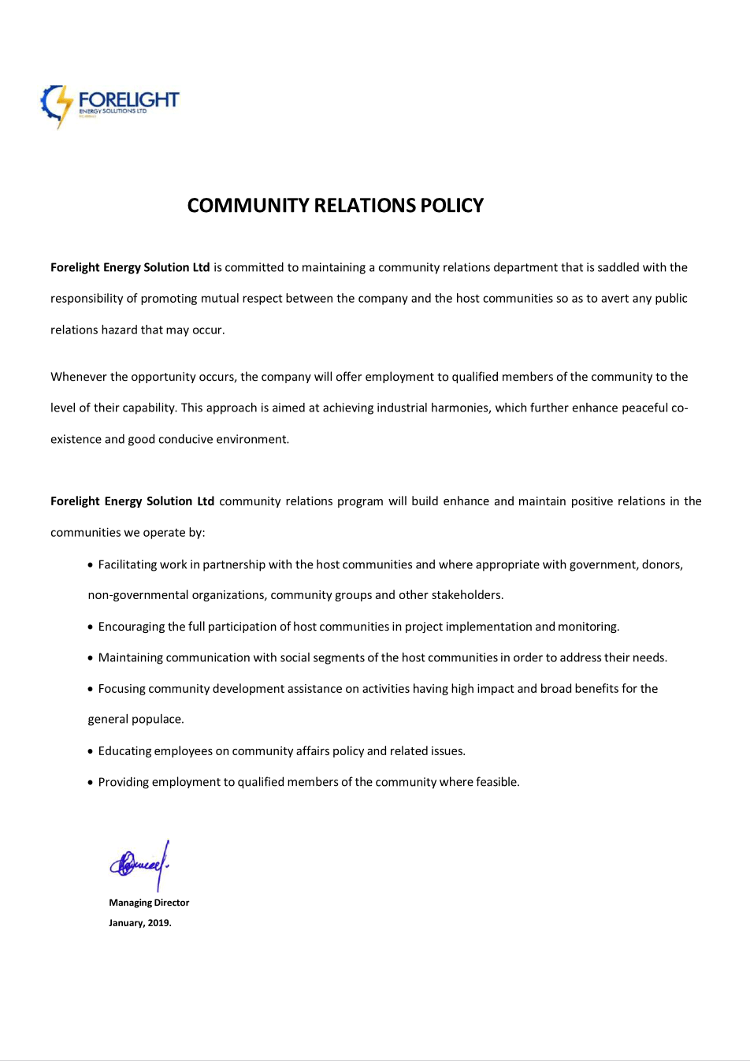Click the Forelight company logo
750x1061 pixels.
click(x=110, y=105)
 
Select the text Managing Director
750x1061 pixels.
click(x=149, y=903)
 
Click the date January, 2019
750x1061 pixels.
click(x=140, y=923)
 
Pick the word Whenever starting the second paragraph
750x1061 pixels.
click(x=79, y=377)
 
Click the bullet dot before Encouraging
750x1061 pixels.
click(x=90, y=627)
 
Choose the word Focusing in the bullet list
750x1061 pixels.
click(x=121, y=689)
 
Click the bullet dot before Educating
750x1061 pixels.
click(x=90, y=752)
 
